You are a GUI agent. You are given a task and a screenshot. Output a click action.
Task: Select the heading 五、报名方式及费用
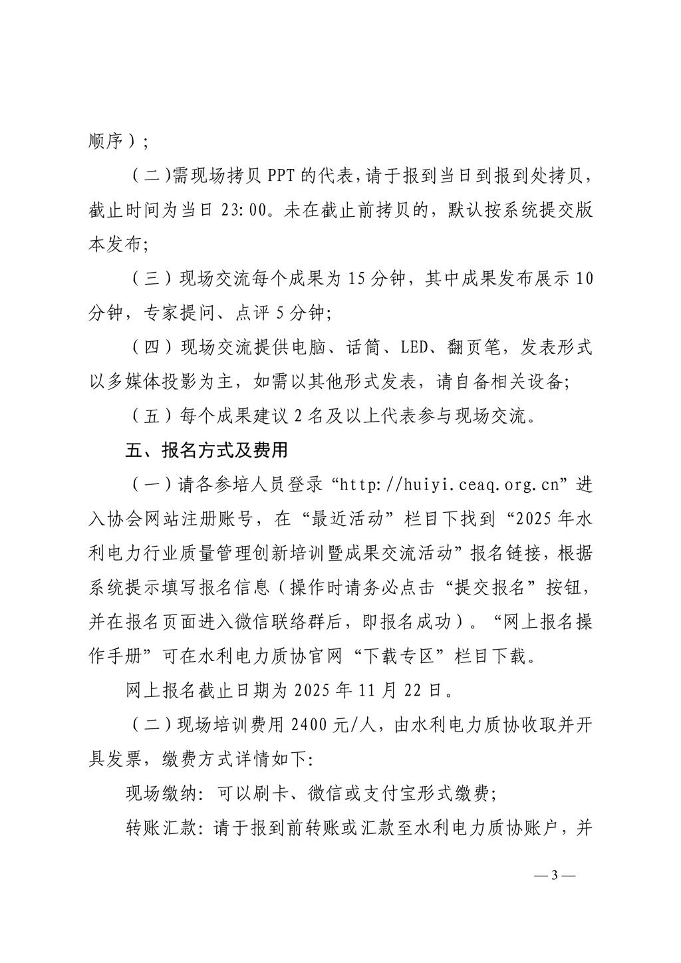(207, 450)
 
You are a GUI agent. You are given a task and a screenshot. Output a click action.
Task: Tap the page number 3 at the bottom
(555, 875)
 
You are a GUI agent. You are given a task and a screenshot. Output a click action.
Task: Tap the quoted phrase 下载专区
(406, 656)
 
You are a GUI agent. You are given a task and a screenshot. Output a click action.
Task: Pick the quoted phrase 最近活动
(350, 519)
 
